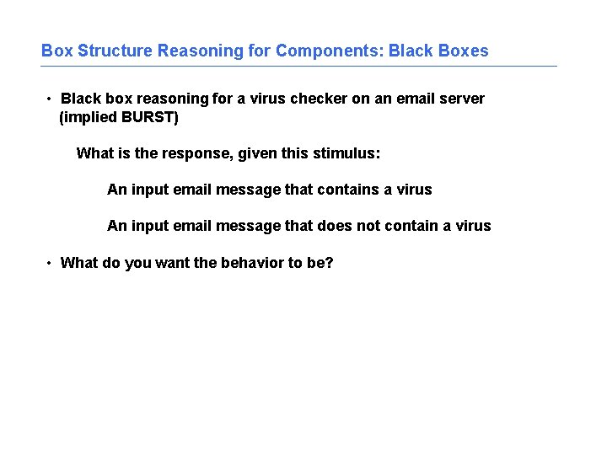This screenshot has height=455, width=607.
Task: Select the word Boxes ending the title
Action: [463, 51]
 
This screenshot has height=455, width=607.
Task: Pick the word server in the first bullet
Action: [463, 99]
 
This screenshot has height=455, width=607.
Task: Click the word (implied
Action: [89, 117]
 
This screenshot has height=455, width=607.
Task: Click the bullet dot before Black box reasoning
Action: [51, 99]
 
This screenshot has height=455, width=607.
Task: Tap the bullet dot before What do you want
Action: [51, 263]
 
